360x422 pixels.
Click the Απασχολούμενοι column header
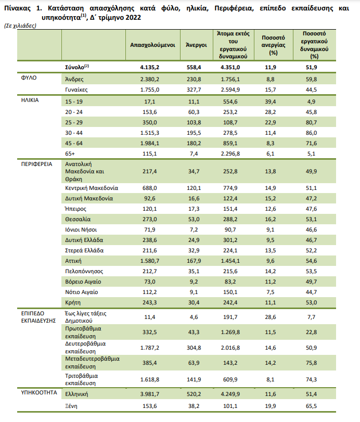point(152,45)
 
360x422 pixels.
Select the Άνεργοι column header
point(197,45)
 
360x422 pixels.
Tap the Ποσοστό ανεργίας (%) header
point(273,45)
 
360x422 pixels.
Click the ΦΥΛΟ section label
point(29,78)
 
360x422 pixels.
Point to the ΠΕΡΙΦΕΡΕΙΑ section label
point(36,164)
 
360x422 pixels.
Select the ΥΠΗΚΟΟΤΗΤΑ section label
point(39,393)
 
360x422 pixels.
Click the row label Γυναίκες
point(76,89)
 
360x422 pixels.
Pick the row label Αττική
point(73,261)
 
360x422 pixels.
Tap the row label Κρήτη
point(73,302)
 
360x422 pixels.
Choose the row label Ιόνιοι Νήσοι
point(81,229)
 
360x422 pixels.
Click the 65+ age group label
point(70,154)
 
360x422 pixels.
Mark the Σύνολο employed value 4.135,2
point(150,67)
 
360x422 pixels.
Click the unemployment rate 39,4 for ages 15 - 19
point(271,102)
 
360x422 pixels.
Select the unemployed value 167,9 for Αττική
point(194,261)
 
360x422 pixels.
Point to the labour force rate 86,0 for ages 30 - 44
point(311,133)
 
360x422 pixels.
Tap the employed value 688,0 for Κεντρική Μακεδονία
point(150,188)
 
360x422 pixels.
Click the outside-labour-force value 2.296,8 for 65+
point(230,154)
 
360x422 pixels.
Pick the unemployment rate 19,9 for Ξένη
point(271,406)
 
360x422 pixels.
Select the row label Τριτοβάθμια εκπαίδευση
point(82,379)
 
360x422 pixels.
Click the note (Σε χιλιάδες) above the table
point(20,26)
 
